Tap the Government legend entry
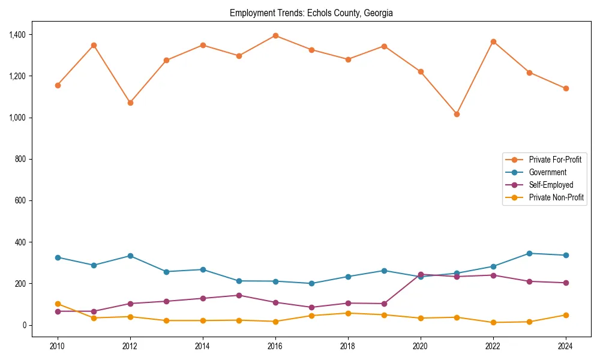(x=547, y=172)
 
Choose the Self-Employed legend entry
(x=551, y=185)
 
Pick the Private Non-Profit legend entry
(x=556, y=197)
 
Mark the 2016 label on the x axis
(x=275, y=346)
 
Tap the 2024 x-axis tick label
(x=565, y=346)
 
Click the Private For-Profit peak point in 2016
(x=275, y=35)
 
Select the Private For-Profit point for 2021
(x=457, y=114)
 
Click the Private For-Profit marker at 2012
(x=130, y=103)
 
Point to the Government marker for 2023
(x=529, y=253)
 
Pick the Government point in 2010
(x=58, y=257)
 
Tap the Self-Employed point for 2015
(x=239, y=295)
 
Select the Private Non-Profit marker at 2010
(x=58, y=304)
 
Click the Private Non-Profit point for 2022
(x=493, y=323)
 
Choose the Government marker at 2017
(x=311, y=283)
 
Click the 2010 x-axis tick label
(x=58, y=346)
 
